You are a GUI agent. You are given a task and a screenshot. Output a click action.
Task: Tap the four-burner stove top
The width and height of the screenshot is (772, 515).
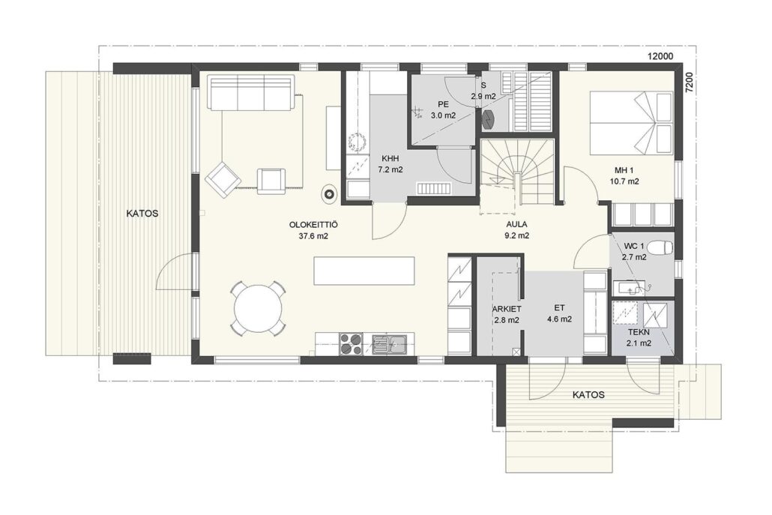[x=351, y=343]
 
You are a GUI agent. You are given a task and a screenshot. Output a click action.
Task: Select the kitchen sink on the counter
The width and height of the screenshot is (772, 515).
[x=389, y=344]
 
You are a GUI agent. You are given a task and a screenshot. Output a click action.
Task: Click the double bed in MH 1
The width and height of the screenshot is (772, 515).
[x=631, y=123]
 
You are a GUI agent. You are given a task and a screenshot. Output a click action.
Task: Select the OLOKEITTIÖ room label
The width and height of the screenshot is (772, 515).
[x=313, y=225]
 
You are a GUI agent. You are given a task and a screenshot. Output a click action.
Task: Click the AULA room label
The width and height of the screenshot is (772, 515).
[x=516, y=224]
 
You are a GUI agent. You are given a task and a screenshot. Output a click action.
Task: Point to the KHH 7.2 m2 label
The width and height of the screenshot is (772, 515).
[x=390, y=164]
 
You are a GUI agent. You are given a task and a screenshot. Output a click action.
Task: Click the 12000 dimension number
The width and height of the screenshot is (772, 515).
[x=660, y=56]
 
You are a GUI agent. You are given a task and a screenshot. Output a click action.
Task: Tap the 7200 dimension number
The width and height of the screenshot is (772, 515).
[x=689, y=81]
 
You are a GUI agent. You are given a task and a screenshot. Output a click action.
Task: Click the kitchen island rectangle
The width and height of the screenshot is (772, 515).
[x=364, y=271]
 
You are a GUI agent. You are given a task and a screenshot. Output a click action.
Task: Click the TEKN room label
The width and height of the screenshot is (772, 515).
[x=639, y=332]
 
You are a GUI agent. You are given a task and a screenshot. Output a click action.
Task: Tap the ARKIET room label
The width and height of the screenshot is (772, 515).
[x=507, y=309]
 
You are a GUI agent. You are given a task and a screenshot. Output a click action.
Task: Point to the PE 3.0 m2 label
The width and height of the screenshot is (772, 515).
[x=443, y=109]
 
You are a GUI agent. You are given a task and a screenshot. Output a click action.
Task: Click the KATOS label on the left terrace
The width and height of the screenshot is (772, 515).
[x=142, y=214]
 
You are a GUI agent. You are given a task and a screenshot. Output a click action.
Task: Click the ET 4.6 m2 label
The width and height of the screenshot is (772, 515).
[x=559, y=313]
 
